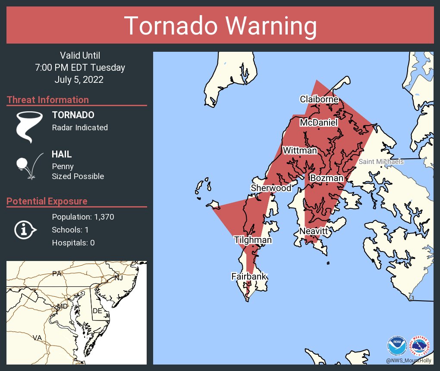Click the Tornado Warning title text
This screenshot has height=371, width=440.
point(220,26)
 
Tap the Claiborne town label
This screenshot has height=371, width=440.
point(319,99)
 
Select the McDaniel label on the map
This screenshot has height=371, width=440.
point(319,123)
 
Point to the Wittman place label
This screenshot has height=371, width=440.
point(300,151)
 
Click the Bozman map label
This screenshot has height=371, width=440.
point(327,178)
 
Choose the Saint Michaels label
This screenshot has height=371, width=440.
point(381,162)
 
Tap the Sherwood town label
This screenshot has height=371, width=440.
point(271,188)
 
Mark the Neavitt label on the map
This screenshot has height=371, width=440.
point(315,232)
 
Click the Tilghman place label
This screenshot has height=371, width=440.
point(253,240)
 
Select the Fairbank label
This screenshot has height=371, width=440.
point(249,277)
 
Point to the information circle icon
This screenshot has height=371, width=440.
point(25,230)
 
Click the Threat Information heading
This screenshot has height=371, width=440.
point(48,100)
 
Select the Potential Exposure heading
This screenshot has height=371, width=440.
point(47,201)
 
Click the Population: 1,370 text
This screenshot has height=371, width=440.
point(83,217)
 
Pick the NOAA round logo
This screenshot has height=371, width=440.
point(397,346)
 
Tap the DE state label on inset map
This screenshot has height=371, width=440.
point(97,311)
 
